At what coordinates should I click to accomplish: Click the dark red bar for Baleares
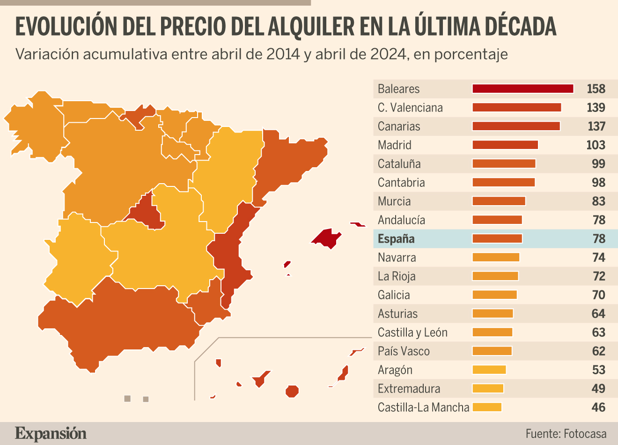coord(522,89)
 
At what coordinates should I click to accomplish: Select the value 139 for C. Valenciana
coord(596,108)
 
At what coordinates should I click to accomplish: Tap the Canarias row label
coord(399,126)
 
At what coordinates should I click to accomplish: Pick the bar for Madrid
coord(505,145)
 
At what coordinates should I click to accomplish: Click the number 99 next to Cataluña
coord(598,164)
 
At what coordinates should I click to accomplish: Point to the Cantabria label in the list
coord(401,183)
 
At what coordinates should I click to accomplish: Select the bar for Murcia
coord(499,201)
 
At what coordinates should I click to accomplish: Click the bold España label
coord(396,239)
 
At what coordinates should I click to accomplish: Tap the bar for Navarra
coord(496,257)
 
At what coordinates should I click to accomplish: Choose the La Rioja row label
coord(397,276)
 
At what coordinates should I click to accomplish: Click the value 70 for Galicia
coord(598,295)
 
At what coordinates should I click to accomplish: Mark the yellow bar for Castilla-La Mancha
coord(487,407)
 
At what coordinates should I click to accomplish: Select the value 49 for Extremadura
coord(598,389)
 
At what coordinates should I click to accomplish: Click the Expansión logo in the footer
coord(51,433)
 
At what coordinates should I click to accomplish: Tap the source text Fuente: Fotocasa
coord(566,434)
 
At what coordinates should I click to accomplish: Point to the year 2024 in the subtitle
coord(388,54)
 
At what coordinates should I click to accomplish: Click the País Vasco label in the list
coord(404,351)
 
